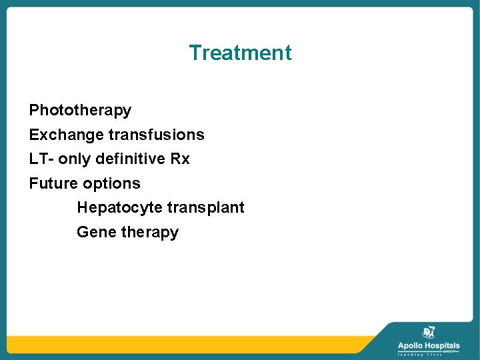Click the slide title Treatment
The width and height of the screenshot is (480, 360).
(240, 53)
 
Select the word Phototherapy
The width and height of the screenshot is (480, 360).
(80, 110)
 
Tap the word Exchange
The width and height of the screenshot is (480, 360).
(66, 135)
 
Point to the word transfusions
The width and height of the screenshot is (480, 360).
(156, 135)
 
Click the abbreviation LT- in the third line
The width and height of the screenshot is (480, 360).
(41, 159)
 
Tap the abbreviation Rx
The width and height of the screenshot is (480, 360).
(181, 159)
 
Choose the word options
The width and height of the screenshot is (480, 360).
(111, 183)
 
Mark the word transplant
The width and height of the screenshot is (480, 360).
(206, 208)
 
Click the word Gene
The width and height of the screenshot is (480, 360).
(96, 232)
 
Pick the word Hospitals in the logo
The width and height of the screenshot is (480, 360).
(442, 345)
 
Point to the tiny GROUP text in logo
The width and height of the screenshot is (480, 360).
(453, 350)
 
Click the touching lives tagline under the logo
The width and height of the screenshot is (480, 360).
(429, 355)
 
